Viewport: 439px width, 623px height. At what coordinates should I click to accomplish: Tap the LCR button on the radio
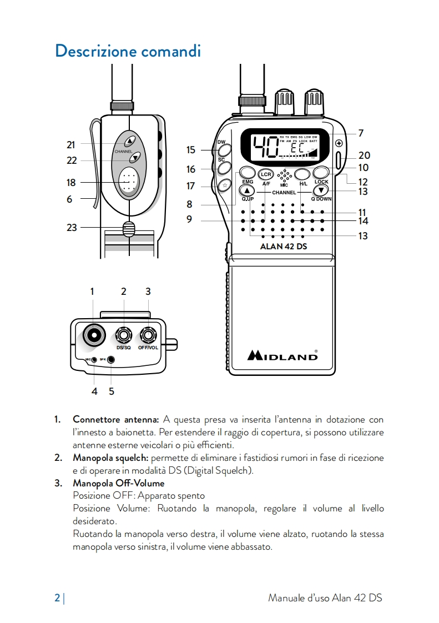[265, 173]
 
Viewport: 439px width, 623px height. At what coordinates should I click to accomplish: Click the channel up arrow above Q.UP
[247, 190]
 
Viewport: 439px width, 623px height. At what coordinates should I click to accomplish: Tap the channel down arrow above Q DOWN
[321, 190]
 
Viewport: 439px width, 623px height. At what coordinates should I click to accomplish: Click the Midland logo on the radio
[282, 355]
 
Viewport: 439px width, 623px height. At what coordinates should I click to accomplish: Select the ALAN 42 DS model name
[283, 247]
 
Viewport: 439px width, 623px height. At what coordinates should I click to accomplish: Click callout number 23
[72, 227]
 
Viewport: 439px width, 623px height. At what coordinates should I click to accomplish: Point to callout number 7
[361, 133]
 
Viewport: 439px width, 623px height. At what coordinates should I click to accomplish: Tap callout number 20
[364, 156]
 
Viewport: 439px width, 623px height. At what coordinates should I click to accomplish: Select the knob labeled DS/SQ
[123, 335]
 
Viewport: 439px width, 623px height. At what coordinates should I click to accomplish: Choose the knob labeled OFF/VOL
[148, 335]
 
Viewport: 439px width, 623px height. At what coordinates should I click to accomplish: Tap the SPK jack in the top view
[111, 360]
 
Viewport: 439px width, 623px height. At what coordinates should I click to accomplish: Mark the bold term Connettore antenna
[116, 419]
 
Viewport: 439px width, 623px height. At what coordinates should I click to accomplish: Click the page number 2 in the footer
[57, 598]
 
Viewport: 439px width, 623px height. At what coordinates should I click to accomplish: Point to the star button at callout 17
[224, 186]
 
